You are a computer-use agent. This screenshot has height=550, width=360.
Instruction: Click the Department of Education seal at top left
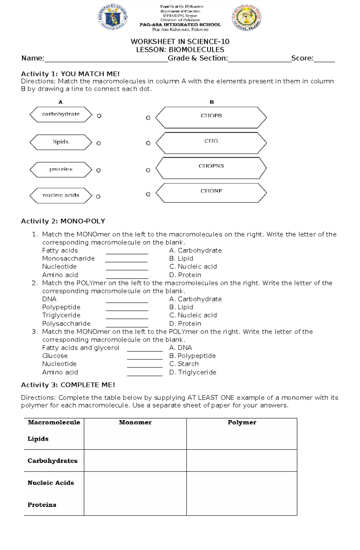pos(112,17)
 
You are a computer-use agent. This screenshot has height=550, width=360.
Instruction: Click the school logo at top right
pos(247,18)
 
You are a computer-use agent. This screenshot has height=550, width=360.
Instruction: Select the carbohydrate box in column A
pos(61,114)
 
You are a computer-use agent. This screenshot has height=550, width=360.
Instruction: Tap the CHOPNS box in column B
pos(211,168)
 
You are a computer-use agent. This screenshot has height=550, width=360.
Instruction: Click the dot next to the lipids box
pos(98,143)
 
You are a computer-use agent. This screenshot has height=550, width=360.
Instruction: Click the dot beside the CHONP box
pos(148,194)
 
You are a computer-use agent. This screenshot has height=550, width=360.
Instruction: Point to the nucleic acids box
pos(61,195)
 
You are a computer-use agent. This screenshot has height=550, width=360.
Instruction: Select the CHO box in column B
pos(211,143)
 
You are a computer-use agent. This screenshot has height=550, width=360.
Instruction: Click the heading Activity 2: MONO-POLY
pos(63,221)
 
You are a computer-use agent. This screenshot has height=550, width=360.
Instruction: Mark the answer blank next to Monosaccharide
pos(126,260)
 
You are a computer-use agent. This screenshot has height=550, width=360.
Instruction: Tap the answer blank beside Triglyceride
pos(127,316)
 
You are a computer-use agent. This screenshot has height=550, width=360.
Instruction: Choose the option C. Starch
pos(184,364)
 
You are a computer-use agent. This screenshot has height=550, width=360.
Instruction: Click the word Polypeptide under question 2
pos(61,307)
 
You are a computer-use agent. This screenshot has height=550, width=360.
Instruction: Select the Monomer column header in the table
pos(135,422)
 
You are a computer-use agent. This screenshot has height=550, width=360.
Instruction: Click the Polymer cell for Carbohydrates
pos(241,460)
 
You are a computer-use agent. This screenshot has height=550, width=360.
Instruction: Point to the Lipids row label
pos(38,439)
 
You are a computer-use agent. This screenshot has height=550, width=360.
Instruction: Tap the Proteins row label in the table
pos(42,505)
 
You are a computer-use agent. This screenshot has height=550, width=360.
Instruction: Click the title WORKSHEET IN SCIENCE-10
pos(180,41)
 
